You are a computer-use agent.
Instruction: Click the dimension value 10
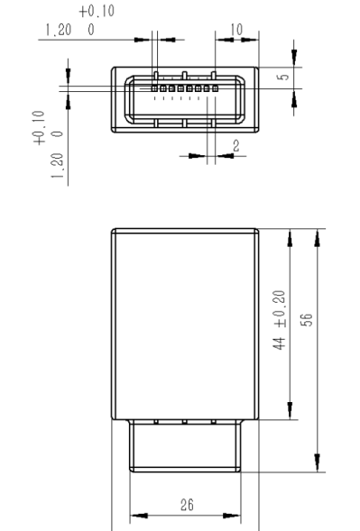coord(236,30)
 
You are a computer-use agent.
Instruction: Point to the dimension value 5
coord(283,77)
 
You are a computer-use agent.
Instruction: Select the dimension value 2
coord(235,146)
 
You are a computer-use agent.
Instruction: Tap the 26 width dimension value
coord(187,505)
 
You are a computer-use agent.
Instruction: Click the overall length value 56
coord(307,320)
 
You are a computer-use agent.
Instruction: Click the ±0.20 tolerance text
coord(280,309)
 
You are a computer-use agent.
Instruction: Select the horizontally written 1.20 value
coord(59,30)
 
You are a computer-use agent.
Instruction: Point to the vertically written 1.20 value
coord(57,166)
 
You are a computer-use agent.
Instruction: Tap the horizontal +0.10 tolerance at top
coord(97,11)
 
